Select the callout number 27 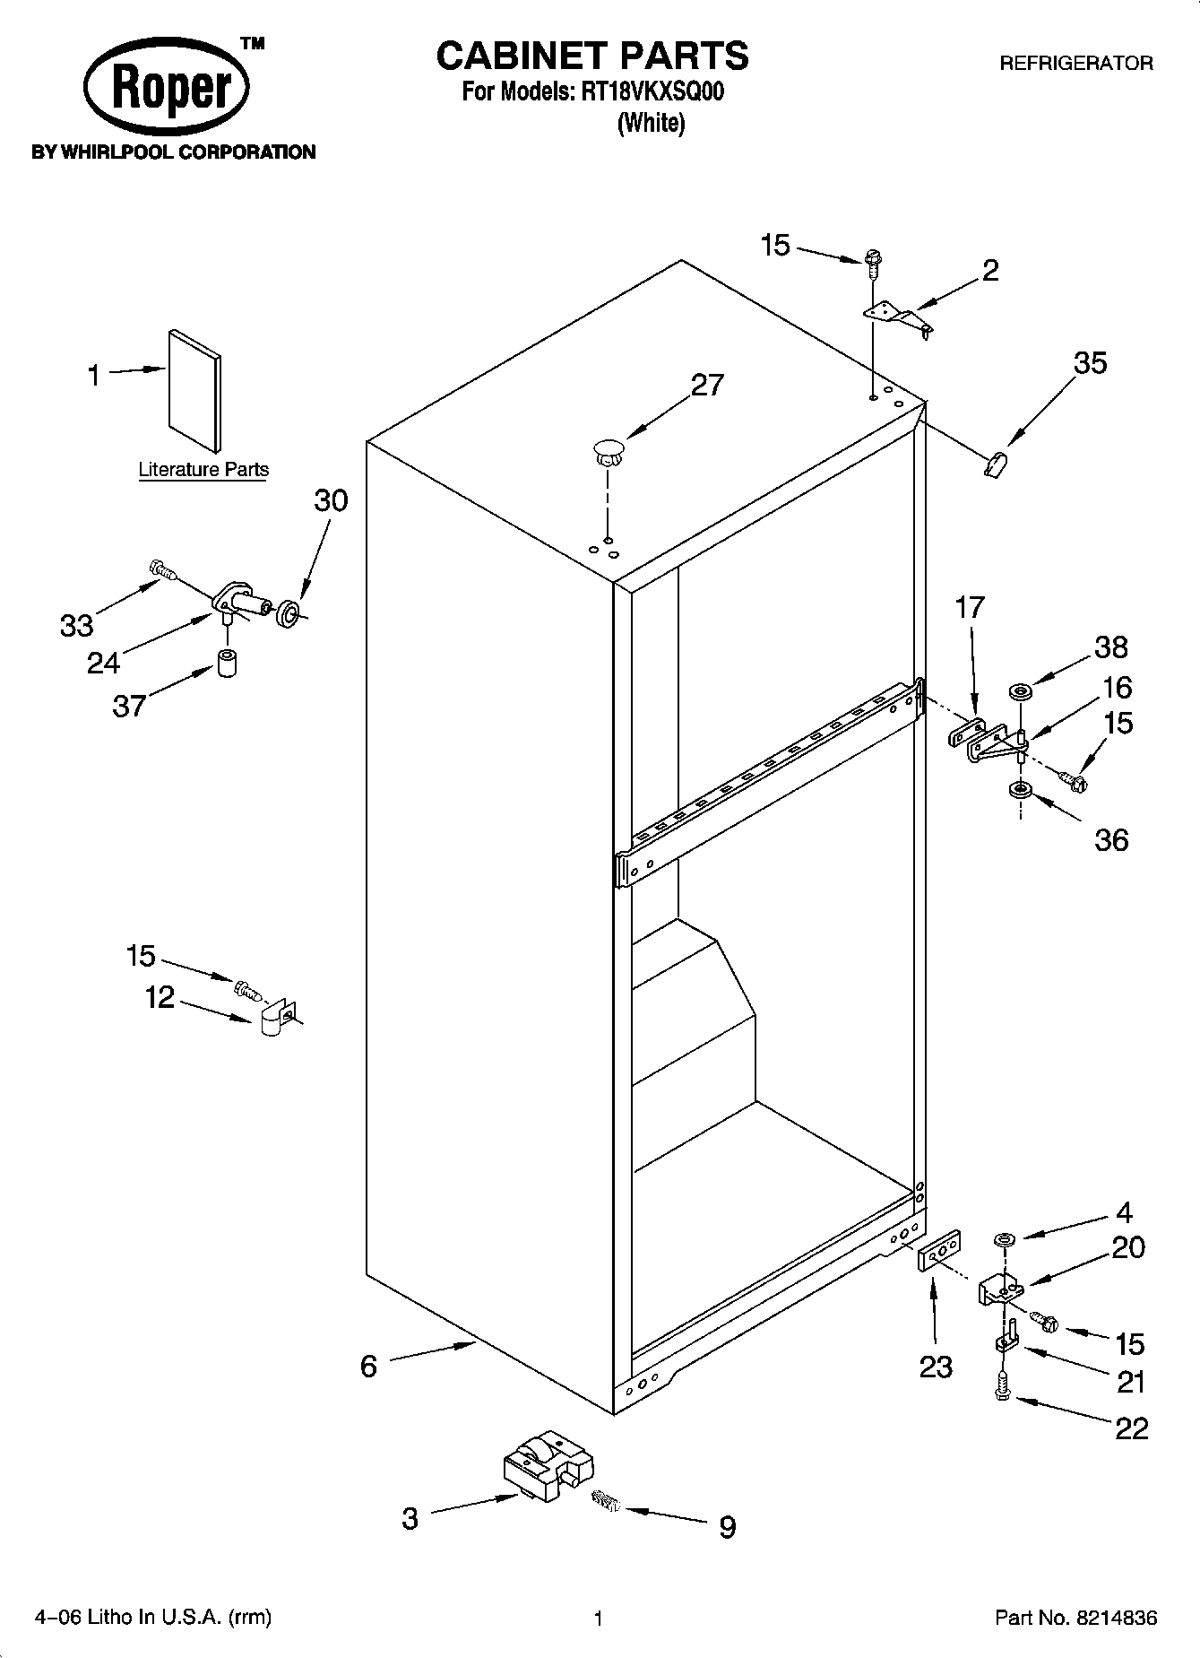707,385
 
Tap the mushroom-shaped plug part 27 609,450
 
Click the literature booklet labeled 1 194,390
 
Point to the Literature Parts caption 203,469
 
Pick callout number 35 1090,363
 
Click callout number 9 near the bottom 727,1526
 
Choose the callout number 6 368,1366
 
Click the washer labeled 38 1020,690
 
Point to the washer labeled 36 1019,790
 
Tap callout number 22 1131,1428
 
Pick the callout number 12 160,997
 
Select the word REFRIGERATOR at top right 1075,64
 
